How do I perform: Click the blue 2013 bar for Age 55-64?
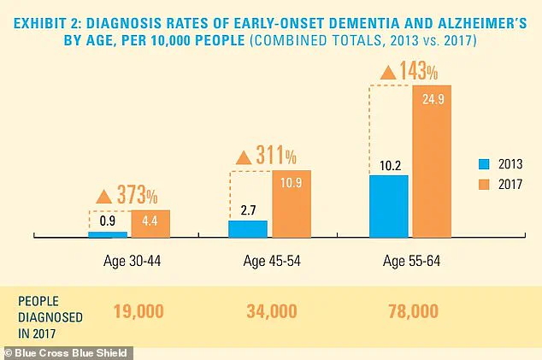pos(388,205)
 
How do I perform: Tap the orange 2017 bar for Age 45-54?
pos(292,204)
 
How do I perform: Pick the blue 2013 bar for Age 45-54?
pos(248,228)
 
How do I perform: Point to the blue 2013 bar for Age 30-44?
pos(107,234)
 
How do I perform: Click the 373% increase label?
pos(134,194)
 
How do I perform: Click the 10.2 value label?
pos(388,163)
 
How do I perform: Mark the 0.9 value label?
pos(107,221)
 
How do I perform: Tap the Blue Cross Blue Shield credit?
pos(68,351)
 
